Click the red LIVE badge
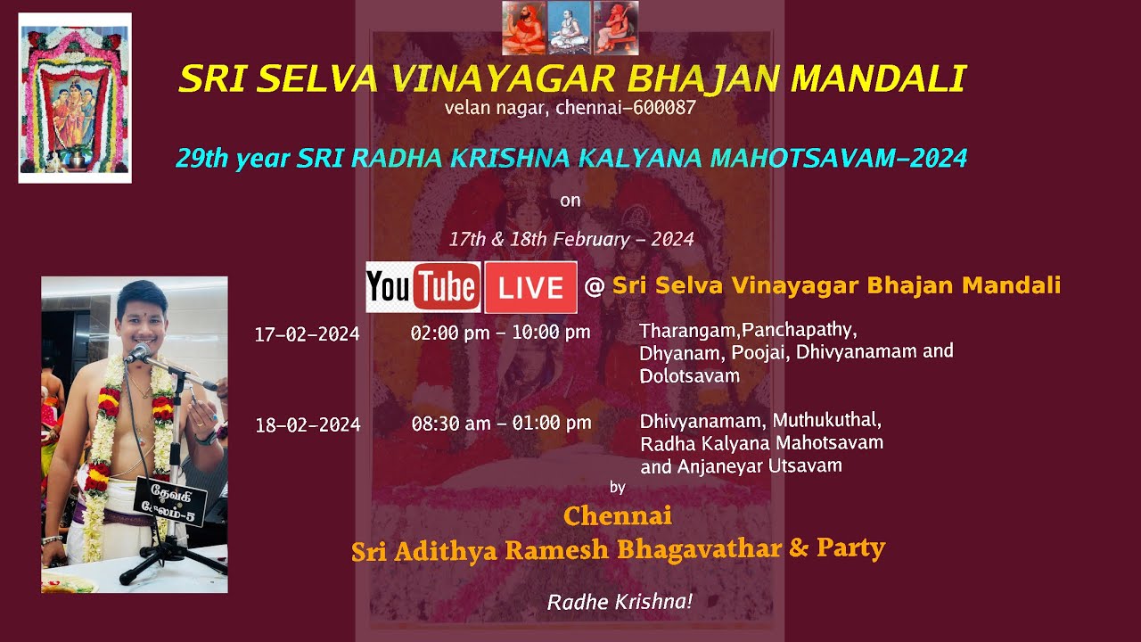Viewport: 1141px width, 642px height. click(530, 287)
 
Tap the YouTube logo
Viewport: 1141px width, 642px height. click(423, 287)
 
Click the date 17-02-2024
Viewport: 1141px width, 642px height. click(307, 334)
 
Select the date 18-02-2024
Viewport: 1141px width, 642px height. click(308, 425)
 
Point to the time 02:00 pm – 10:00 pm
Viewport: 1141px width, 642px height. click(500, 333)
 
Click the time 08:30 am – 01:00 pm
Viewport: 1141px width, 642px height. click(501, 423)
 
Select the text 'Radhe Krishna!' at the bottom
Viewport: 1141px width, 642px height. click(620, 602)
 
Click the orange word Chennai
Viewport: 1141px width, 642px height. click(618, 515)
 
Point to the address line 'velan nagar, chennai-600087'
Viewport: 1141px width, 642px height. click(570, 109)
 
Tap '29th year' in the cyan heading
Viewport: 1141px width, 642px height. click(234, 159)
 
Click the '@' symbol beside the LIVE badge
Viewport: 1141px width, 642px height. click(594, 286)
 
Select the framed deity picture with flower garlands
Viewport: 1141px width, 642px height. click(75, 98)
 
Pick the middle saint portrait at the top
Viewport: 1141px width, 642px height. click(570, 28)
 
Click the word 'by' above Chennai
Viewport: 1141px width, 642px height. click(617, 487)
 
